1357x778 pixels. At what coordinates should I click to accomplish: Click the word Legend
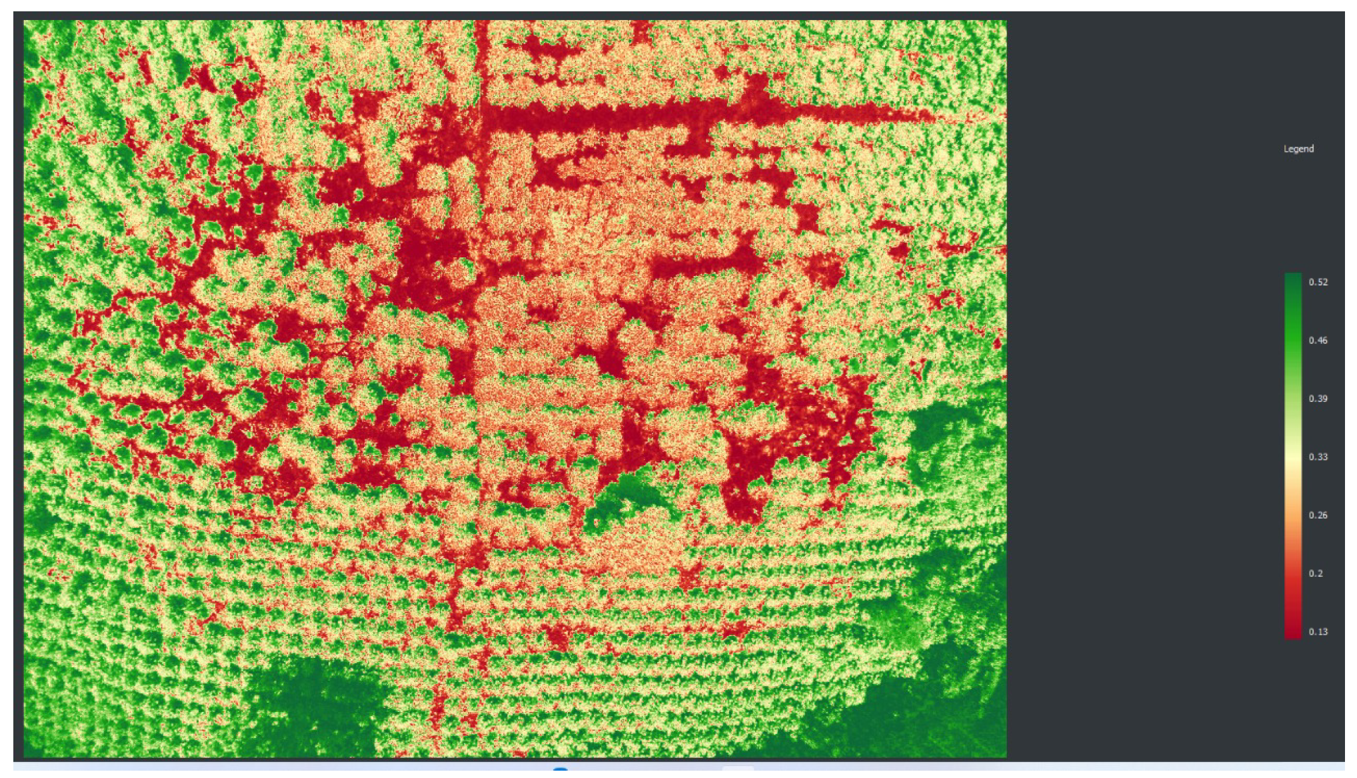click(1298, 149)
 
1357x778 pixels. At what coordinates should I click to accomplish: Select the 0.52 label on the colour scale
click(1318, 282)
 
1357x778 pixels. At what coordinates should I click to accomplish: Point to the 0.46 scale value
click(1318, 340)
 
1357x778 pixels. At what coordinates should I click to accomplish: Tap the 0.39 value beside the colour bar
click(1318, 399)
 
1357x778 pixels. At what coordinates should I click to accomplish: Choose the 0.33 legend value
click(1318, 457)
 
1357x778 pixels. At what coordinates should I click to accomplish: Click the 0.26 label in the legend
click(1318, 515)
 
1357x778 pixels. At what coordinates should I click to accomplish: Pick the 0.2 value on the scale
click(1315, 573)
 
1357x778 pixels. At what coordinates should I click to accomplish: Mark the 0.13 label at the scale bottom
click(1318, 631)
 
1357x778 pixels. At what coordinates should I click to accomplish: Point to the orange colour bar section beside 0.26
click(1293, 515)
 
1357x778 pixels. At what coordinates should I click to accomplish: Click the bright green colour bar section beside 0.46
click(1293, 340)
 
